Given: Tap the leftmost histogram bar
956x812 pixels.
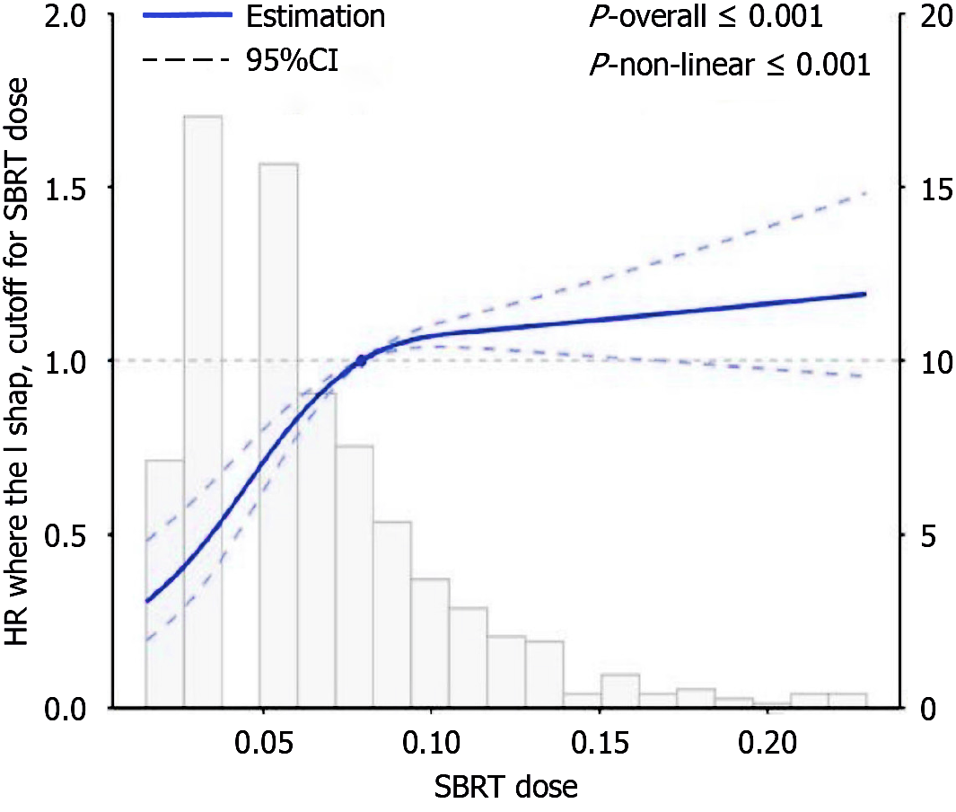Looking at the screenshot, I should pos(164,584).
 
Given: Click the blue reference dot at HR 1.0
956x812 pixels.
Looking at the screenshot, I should pos(361,360).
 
